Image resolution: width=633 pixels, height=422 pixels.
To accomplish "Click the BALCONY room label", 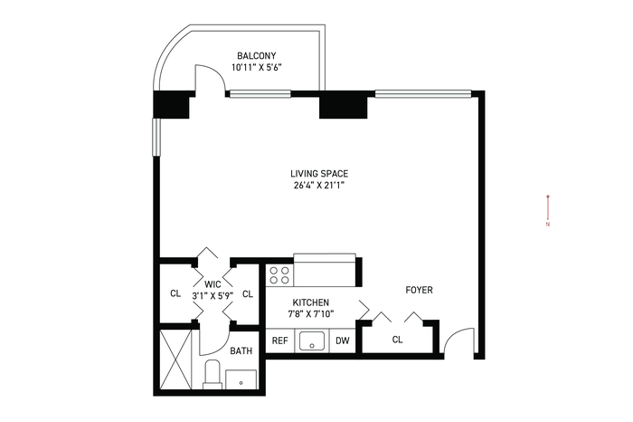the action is [256, 56].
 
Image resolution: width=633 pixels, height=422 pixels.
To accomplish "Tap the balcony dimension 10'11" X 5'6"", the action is [256, 68].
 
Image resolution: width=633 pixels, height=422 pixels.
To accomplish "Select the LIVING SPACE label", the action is [319, 174].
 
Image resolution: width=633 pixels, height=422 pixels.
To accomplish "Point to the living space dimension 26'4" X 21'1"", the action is [319, 186].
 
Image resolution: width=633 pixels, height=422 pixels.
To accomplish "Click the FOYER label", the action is [419, 290].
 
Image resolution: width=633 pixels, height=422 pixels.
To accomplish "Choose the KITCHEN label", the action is [310, 302].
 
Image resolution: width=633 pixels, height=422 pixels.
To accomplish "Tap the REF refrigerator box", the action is [279, 340].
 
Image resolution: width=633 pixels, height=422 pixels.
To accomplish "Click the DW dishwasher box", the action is [343, 340].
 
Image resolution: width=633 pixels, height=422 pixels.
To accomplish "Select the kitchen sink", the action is [312, 341].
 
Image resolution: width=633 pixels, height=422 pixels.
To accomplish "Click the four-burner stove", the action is [279, 275].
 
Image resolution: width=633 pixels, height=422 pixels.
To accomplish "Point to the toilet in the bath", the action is [212, 374].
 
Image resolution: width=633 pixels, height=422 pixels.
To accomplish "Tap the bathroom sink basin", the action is [241, 379].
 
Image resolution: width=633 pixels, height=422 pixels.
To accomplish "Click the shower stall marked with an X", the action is [175, 360].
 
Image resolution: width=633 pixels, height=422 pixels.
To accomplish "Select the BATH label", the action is [241, 350].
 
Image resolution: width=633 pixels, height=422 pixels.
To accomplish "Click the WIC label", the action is [213, 283].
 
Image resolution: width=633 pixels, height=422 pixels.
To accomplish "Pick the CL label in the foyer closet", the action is [397, 340].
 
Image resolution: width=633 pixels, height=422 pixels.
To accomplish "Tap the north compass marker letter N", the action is [548, 225].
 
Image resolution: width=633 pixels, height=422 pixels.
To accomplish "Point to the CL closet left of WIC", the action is [175, 293].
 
